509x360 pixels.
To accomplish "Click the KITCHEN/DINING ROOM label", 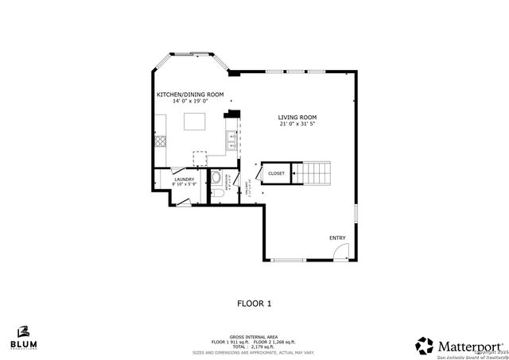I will tap(189, 95).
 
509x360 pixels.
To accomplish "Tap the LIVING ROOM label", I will tap(303, 117).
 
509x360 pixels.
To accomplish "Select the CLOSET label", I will tap(276, 173).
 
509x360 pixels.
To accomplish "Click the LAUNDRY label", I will tap(185, 180).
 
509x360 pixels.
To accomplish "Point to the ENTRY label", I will tap(337, 238).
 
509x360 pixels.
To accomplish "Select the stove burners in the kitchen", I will tap(160, 143).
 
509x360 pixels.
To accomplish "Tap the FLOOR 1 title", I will tap(254, 303).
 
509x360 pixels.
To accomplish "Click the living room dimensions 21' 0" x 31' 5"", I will tap(303, 124).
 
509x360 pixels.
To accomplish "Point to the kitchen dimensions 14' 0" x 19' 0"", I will tap(189, 102).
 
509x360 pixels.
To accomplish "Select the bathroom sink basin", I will tap(216, 177).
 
